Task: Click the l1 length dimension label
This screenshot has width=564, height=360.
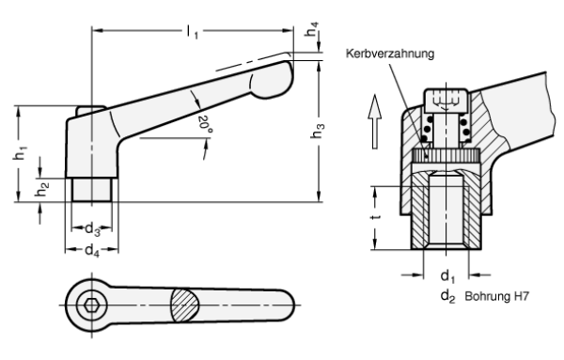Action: point(193,32)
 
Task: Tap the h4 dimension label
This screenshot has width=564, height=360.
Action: point(312,29)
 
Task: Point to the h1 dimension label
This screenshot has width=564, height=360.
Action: point(21,153)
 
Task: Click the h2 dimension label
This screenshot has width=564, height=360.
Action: point(41,189)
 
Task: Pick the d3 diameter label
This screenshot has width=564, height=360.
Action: point(92,229)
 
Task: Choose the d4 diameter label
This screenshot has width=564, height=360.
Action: point(92,250)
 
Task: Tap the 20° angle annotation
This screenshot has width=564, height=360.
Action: point(205,124)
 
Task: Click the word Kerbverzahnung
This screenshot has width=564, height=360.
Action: point(390,54)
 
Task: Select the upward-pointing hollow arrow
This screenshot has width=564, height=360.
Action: point(375,121)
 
